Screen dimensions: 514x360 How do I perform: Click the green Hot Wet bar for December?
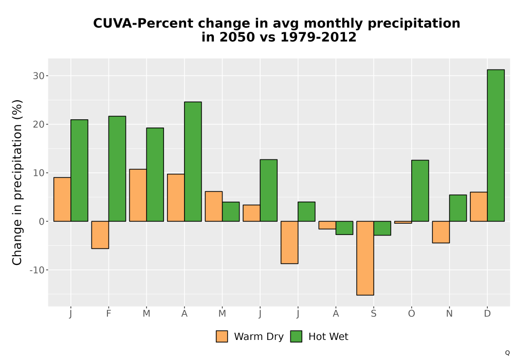click(x=495, y=146)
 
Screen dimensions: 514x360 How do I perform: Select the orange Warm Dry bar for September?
click(x=365, y=258)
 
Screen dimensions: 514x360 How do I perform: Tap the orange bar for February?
click(x=100, y=235)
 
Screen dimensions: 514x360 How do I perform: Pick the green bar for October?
click(x=420, y=191)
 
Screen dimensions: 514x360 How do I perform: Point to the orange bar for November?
click(x=441, y=232)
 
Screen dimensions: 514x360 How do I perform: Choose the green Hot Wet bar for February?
click(x=117, y=169)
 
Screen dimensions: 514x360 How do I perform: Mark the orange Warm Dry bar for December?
click(x=479, y=207)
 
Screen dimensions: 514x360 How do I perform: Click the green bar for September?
click(x=382, y=228)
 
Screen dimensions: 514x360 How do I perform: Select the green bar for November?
click(x=458, y=208)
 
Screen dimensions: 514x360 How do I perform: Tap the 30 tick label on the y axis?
click(x=39, y=76)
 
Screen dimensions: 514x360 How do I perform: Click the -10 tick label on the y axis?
click(x=36, y=270)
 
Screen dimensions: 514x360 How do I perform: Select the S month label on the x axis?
click(x=374, y=314)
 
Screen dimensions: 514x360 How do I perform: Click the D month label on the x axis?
click(x=487, y=314)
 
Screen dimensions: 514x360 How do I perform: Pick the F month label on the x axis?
click(x=108, y=314)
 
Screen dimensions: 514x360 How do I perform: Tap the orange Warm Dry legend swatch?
click(x=222, y=337)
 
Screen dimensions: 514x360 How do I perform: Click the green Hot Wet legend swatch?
click(x=297, y=337)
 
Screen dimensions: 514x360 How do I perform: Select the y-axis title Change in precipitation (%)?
click(x=17, y=182)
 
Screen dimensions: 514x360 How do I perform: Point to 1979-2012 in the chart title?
click(x=318, y=37)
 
